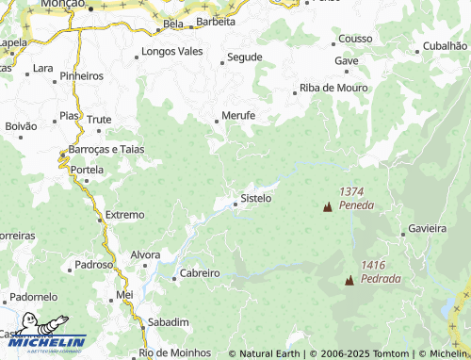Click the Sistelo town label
256,199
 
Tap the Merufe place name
238,116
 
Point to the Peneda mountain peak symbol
328,206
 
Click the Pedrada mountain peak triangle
349,280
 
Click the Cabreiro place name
199,273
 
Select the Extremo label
124,215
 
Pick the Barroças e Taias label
106,149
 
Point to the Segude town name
244,57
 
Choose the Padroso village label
94,265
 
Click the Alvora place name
145,255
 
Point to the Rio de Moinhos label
174,352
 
